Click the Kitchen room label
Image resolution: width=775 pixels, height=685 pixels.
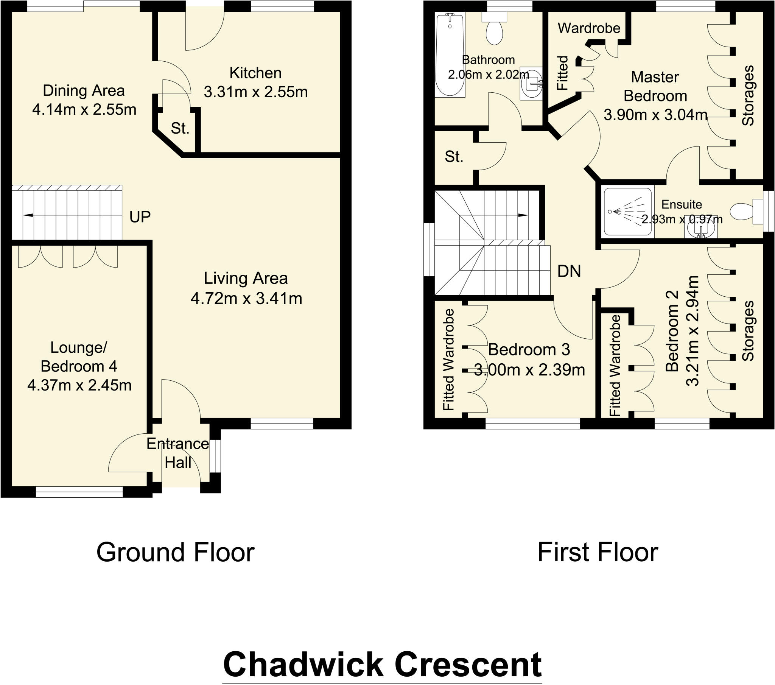coord(255,73)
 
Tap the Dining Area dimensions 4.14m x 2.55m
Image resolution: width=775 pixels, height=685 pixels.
coord(84,110)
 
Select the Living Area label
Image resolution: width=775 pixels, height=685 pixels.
coord(246,279)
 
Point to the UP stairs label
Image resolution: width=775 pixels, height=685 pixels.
coord(140,216)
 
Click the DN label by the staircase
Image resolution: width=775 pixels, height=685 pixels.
coord(569,271)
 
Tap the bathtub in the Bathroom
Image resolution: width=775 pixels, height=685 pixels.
coord(450,55)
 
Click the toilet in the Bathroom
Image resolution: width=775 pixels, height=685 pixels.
coord(495,28)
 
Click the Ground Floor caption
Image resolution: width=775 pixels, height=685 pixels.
coord(175,553)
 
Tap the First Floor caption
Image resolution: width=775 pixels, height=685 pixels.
coord(598,553)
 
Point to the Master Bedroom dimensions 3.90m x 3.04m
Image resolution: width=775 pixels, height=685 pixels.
coord(655,115)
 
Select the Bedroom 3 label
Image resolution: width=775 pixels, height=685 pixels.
coord(529,350)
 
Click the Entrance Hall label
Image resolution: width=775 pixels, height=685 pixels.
coord(178,453)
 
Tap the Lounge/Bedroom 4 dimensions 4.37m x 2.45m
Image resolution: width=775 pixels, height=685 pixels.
coord(79,385)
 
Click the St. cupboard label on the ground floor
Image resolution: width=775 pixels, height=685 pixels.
coord(180,129)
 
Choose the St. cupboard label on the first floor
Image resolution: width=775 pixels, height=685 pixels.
coord(454,157)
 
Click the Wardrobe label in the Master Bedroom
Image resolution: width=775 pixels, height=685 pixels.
coord(589,28)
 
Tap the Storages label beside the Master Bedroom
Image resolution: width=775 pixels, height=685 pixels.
coord(748,95)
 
